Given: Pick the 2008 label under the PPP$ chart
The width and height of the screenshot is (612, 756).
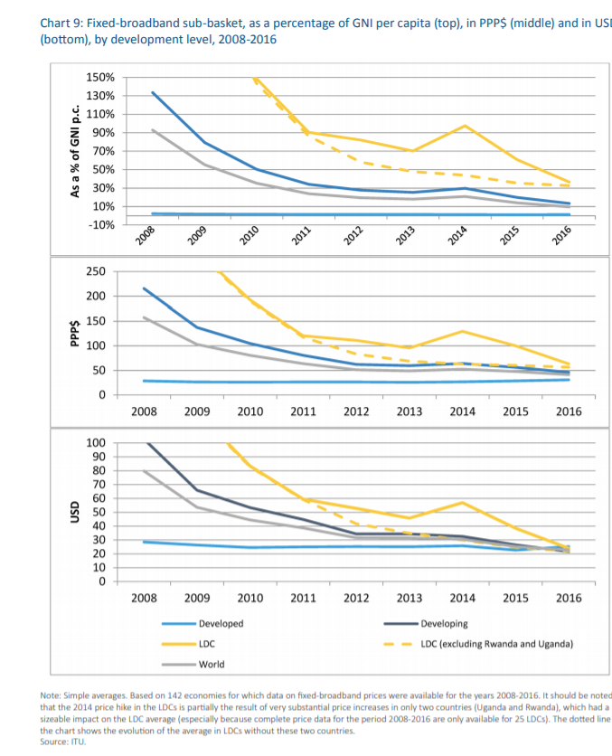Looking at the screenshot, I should pyautogui.click(x=145, y=412).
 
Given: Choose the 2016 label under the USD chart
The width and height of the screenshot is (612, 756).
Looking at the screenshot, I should pyautogui.click(x=569, y=598).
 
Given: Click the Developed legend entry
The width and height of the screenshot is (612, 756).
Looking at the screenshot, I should pyautogui.click(x=221, y=624).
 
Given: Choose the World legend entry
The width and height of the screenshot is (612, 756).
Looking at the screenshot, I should pyautogui.click(x=212, y=665).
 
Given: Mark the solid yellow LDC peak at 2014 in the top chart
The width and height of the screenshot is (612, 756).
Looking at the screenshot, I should pyautogui.click(x=464, y=126).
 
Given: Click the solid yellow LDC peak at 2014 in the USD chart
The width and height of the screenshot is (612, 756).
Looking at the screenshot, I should pyautogui.click(x=464, y=502).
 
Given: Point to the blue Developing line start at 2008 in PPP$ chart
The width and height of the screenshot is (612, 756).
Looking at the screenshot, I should pyautogui.click(x=145, y=288).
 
